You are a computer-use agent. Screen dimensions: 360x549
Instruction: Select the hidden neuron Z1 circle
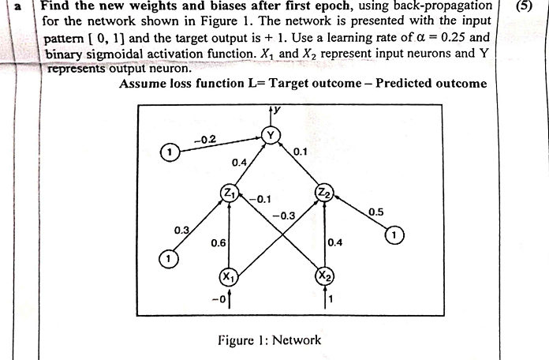click(x=229, y=192)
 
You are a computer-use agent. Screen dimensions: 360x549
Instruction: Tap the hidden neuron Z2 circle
click(x=323, y=192)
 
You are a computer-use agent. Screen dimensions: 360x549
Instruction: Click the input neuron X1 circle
click(x=227, y=277)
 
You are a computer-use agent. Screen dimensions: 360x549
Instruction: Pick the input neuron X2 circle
click(x=323, y=276)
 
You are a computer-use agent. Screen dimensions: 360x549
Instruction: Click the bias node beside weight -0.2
click(x=168, y=151)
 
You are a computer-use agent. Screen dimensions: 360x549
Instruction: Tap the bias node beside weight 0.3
click(x=166, y=257)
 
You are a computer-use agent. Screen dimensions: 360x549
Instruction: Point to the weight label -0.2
click(x=204, y=140)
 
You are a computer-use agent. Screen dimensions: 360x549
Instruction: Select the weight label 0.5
click(x=376, y=212)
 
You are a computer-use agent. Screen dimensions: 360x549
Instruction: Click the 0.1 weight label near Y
click(x=300, y=151)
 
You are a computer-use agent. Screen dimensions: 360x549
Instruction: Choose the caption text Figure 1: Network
click(x=269, y=340)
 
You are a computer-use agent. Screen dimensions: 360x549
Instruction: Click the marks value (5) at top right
click(x=525, y=7)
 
